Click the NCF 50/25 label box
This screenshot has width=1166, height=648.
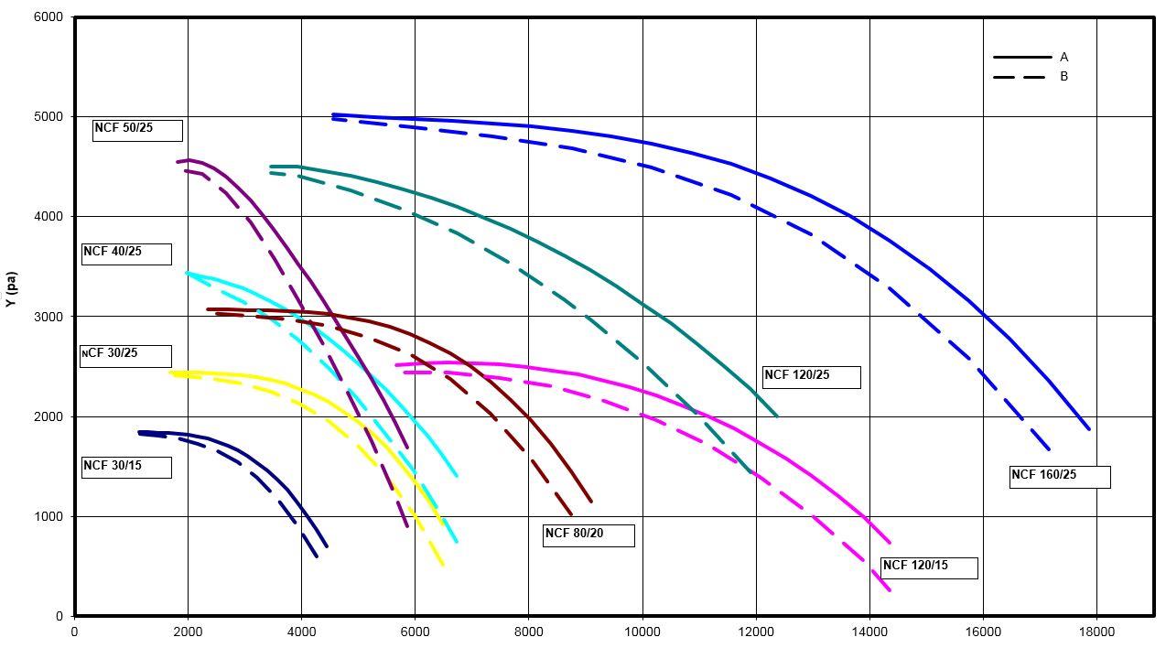[137, 130]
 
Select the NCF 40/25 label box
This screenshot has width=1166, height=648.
[126, 254]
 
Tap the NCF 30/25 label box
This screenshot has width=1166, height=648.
[125, 355]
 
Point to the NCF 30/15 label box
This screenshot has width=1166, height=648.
[126, 467]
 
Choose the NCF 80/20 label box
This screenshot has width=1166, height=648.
[588, 535]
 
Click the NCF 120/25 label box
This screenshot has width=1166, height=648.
[811, 377]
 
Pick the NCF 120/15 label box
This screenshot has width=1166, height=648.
[929, 567]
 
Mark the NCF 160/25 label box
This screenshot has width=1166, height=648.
[1060, 477]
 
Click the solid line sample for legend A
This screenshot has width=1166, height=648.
[1022, 58]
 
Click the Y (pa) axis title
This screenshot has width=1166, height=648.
[12, 288]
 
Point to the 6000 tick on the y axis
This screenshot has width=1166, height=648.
[48, 17]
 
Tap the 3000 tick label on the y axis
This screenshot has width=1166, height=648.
[48, 317]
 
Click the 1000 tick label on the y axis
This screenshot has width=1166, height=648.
[48, 517]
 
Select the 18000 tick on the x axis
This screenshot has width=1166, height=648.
[1096, 632]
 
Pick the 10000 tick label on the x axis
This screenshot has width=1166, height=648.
[642, 632]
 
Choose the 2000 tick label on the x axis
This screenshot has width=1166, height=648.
[188, 632]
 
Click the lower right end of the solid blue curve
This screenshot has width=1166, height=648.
[1089, 428]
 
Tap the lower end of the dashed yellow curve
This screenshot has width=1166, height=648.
[443, 565]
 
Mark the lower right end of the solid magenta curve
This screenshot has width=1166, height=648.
[890, 543]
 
